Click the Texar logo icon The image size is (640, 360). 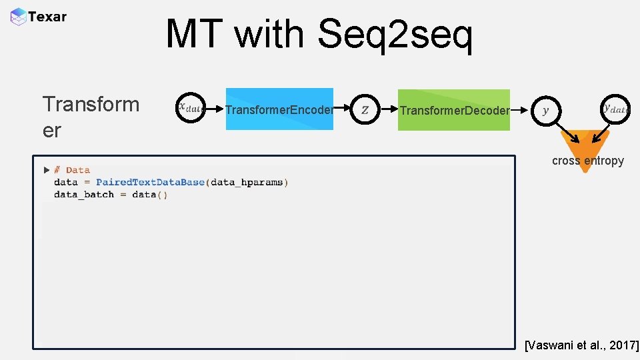(x=19, y=17)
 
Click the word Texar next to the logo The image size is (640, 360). (x=48, y=17)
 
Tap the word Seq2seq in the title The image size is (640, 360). (x=395, y=35)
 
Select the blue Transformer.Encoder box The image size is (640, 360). (x=279, y=109)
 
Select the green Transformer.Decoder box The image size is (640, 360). (x=454, y=109)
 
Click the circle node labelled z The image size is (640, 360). (x=365, y=109)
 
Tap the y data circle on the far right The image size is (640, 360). (x=615, y=108)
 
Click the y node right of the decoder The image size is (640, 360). (x=546, y=110)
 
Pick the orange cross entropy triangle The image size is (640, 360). (x=584, y=150)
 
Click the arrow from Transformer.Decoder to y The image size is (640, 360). (x=521, y=109)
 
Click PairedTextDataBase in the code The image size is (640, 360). (x=150, y=182)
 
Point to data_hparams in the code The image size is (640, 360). (x=247, y=182)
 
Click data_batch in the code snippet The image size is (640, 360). (x=84, y=195)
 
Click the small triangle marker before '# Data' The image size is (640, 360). (x=47, y=170)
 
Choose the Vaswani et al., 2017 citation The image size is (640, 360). (x=581, y=345)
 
